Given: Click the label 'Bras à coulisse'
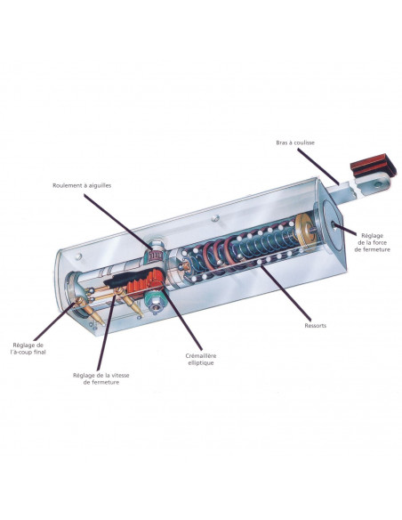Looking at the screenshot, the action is click(295, 143).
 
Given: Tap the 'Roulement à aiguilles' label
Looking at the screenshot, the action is click(82, 186).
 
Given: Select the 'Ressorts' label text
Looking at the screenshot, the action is click(315, 326).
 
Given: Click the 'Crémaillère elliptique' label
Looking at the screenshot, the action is click(201, 359).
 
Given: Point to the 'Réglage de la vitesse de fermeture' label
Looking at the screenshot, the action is click(101, 378).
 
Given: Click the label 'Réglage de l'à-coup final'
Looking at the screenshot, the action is click(28, 348).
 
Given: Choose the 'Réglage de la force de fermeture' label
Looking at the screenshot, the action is click(372, 242).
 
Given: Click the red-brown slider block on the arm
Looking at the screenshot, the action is click(374, 166).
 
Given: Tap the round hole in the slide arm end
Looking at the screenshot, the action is click(377, 184).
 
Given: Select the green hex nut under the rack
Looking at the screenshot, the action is click(154, 300).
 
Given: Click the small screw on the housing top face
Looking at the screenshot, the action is click(215, 218).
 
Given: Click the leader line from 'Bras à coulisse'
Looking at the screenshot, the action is click(318, 167).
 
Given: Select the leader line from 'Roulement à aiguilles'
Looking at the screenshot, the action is click(118, 221).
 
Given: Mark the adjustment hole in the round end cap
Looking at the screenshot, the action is click(334, 225).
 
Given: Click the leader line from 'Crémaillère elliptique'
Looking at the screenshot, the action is click(181, 319).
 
